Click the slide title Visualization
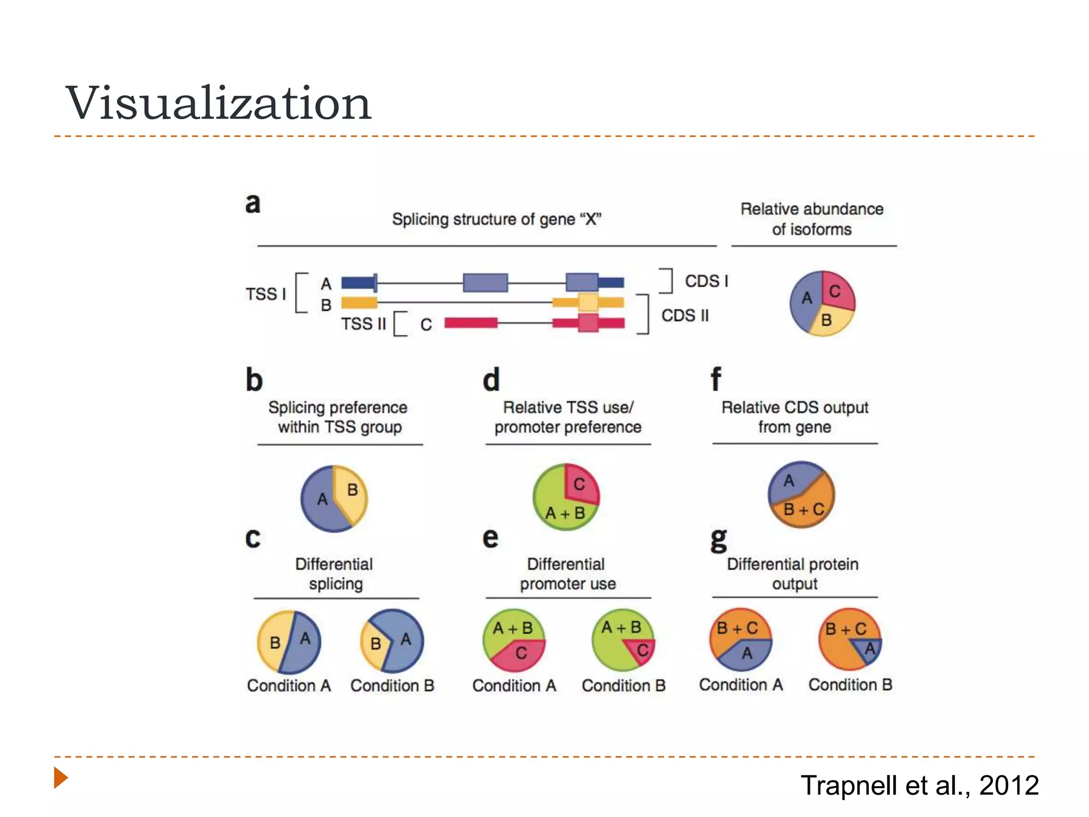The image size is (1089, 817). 218,103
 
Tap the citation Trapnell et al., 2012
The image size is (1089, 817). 919,785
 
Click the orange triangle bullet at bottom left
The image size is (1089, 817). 61,778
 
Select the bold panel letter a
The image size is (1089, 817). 253,203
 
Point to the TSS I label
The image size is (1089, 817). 265,294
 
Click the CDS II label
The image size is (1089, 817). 685,315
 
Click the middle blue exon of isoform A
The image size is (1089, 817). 485,282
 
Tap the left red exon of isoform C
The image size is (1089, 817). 471,322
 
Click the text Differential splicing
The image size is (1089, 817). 334,573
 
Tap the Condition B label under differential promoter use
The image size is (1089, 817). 623,686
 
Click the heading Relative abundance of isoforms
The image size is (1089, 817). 811,219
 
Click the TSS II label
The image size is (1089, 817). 363,323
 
